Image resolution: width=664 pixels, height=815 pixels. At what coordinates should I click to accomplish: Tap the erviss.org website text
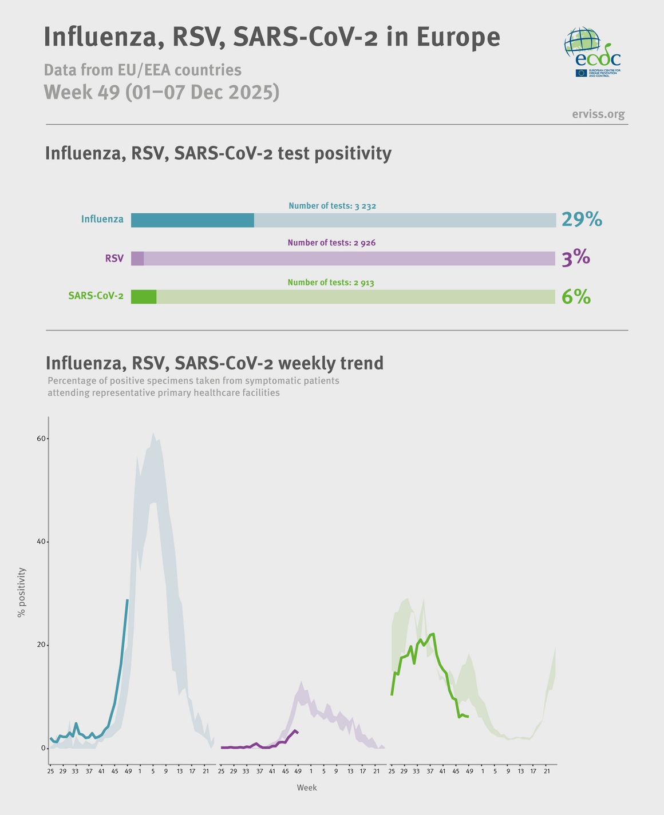coord(598,114)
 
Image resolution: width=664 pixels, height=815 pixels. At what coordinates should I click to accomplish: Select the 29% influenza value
coord(582,220)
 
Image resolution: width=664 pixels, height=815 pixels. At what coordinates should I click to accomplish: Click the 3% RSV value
coord(575,259)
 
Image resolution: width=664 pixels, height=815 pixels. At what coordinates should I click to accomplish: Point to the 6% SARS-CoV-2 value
coord(576,297)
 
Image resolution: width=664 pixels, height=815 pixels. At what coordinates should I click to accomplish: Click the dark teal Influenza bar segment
coord(192,220)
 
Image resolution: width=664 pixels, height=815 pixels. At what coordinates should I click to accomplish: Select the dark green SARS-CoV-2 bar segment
coord(144,297)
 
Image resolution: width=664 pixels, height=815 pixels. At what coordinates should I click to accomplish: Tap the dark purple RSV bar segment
coord(137,259)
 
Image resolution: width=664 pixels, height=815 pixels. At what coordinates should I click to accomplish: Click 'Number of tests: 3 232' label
coord(332,206)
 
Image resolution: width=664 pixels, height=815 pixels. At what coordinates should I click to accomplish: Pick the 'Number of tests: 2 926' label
coord(331,242)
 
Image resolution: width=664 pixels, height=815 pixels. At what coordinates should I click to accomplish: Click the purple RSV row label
coord(114,259)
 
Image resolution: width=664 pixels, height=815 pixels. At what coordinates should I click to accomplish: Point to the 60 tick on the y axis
coord(41,439)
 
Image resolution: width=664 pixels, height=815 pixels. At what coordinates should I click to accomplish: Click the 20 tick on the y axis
coord(41,645)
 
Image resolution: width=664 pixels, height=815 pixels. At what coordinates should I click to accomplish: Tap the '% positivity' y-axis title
coord(22,592)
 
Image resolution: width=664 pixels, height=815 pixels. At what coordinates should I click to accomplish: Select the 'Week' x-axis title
coord(307,788)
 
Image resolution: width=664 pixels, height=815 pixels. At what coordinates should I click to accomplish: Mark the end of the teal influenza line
coord(127,600)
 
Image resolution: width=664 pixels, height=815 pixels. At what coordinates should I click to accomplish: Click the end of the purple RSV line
coord(298,733)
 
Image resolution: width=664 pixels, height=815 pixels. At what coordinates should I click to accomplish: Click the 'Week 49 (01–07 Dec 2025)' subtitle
coord(162,92)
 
